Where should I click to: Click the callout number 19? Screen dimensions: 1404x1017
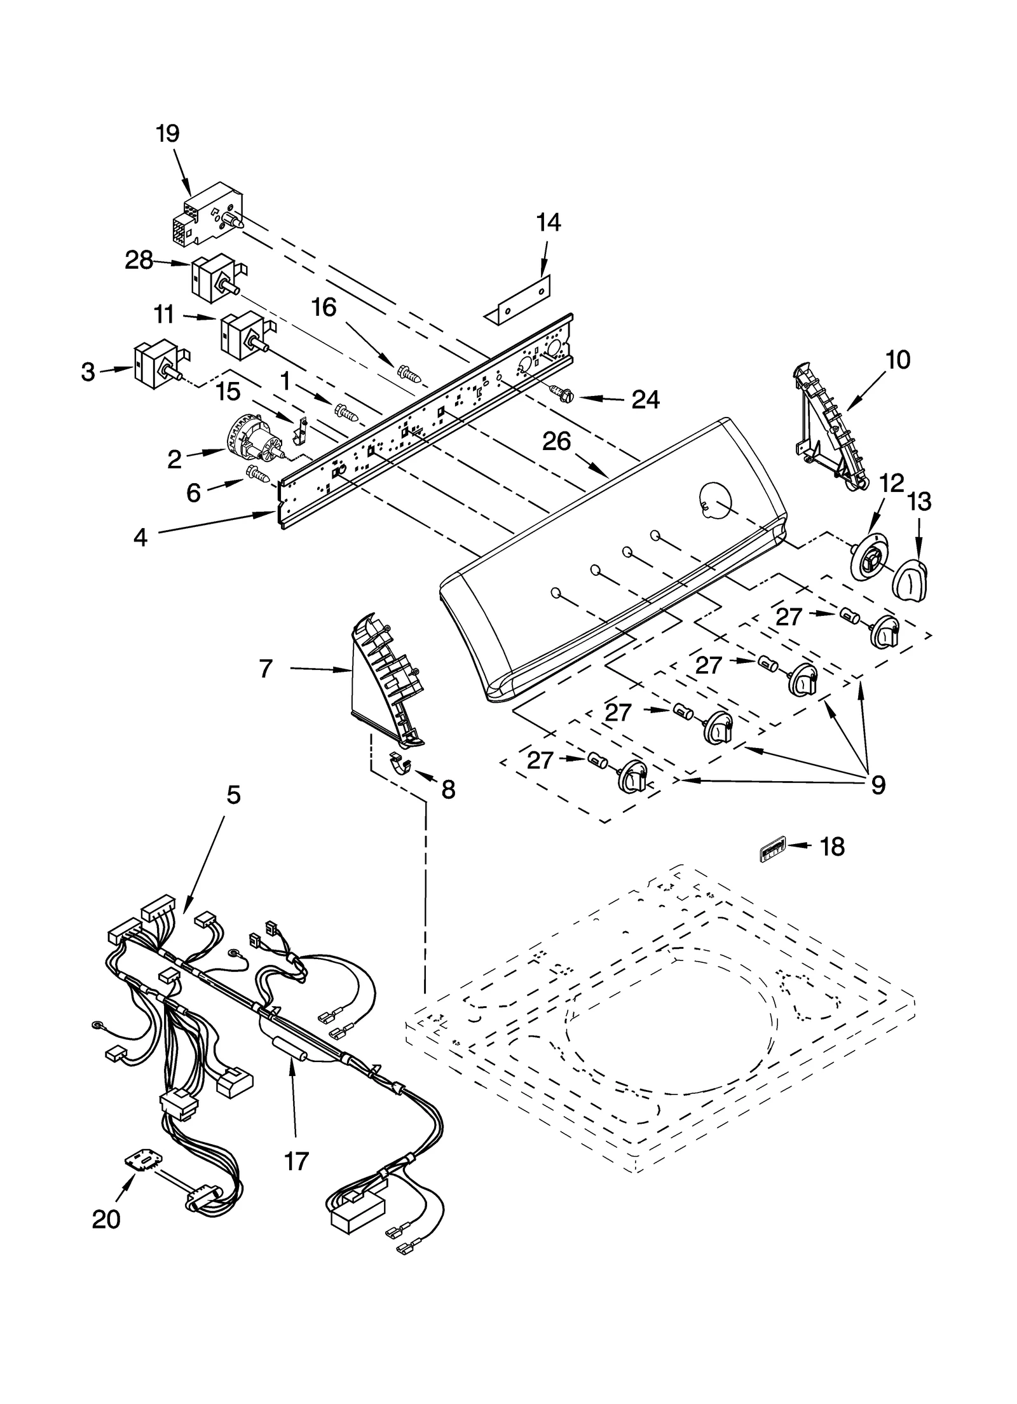click(168, 133)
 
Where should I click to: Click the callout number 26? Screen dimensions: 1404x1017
click(557, 441)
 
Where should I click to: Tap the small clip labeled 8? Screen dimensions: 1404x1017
click(399, 765)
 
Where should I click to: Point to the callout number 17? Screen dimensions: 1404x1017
click(296, 1161)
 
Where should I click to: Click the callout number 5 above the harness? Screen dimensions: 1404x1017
click(234, 794)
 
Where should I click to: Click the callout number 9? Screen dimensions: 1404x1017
click(878, 785)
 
